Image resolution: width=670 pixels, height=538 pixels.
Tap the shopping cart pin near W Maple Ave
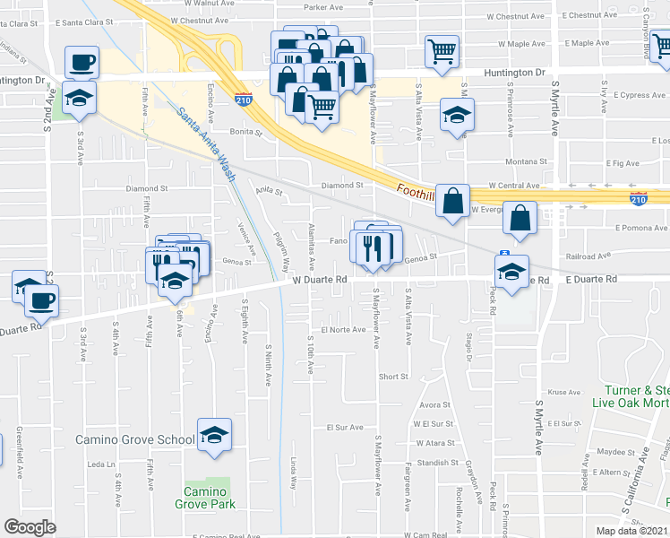pyautogui.click(x=441, y=51)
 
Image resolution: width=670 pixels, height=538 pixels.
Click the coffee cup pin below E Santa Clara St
pyautogui.click(x=82, y=62)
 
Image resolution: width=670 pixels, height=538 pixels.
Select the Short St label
pyautogui.click(x=393, y=377)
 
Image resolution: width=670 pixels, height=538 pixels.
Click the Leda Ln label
pyautogui.click(x=95, y=464)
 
